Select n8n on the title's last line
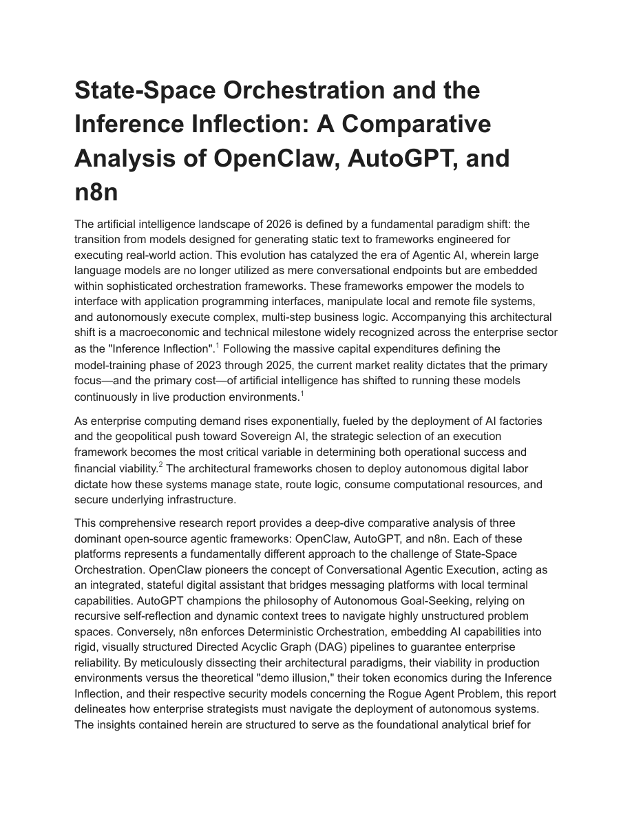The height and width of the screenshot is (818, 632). click(96, 192)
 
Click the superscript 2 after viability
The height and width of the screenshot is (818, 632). click(160, 465)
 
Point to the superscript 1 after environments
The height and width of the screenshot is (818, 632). click(302, 394)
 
